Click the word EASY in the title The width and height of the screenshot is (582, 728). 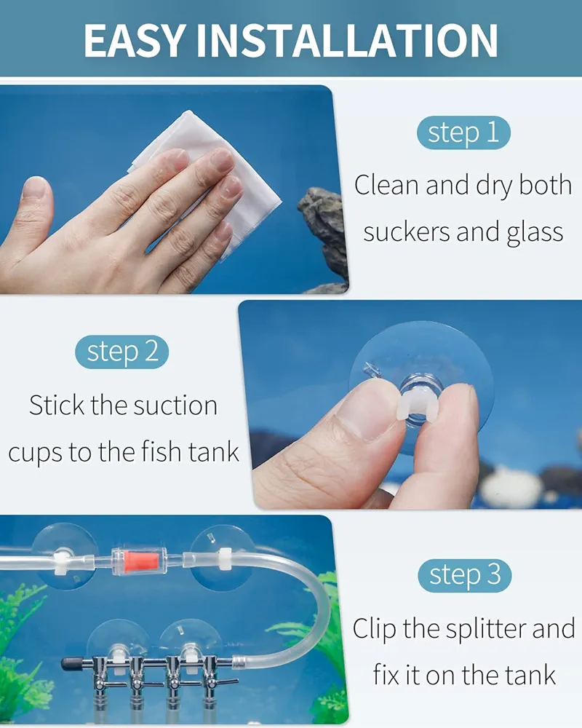(135, 41)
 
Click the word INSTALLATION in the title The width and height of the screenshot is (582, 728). (347, 41)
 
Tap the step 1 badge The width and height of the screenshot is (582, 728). (463, 132)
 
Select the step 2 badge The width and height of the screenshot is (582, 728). (121, 352)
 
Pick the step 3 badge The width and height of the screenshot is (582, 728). (464, 576)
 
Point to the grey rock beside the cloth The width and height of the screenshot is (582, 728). (325, 237)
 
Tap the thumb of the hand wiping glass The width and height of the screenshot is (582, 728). (33, 209)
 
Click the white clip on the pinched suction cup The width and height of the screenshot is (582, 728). (417, 407)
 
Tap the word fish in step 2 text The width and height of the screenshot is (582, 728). (161, 452)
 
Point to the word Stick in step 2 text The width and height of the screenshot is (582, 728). (57, 405)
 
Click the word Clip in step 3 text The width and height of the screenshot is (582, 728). (374, 629)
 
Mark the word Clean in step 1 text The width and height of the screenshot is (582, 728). (387, 185)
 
